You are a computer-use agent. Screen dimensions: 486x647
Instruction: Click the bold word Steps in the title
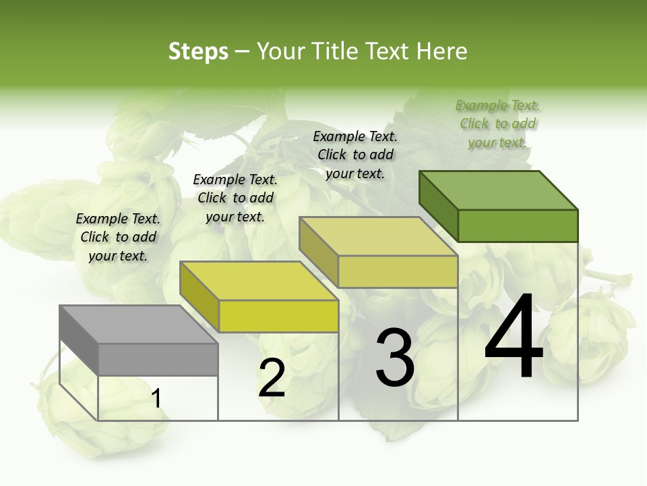pyautogui.click(x=198, y=51)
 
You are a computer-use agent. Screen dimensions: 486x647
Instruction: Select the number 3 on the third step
pyautogui.click(x=394, y=358)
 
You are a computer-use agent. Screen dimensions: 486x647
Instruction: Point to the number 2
pyautogui.click(x=272, y=378)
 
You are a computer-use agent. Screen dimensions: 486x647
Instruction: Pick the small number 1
pyautogui.click(x=156, y=399)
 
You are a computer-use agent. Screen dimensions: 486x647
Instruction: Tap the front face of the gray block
pyautogui.click(x=158, y=360)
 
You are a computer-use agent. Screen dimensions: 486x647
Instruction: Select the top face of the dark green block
pyautogui.click(x=499, y=190)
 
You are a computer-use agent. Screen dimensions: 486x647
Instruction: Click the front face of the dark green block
pyautogui.click(x=518, y=225)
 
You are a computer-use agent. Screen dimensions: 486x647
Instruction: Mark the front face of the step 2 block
pyautogui.click(x=278, y=317)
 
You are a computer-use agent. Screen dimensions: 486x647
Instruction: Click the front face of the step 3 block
pyautogui.click(x=398, y=271)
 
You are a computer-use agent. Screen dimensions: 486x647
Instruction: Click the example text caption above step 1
pyautogui.click(x=118, y=237)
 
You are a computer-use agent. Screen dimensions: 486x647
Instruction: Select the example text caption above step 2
pyautogui.click(x=235, y=198)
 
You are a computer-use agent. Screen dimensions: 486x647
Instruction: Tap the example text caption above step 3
pyautogui.click(x=355, y=155)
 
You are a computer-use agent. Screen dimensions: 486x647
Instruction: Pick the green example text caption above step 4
pyautogui.click(x=497, y=124)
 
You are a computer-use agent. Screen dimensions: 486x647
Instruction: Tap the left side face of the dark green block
pyautogui.click(x=438, y=206)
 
